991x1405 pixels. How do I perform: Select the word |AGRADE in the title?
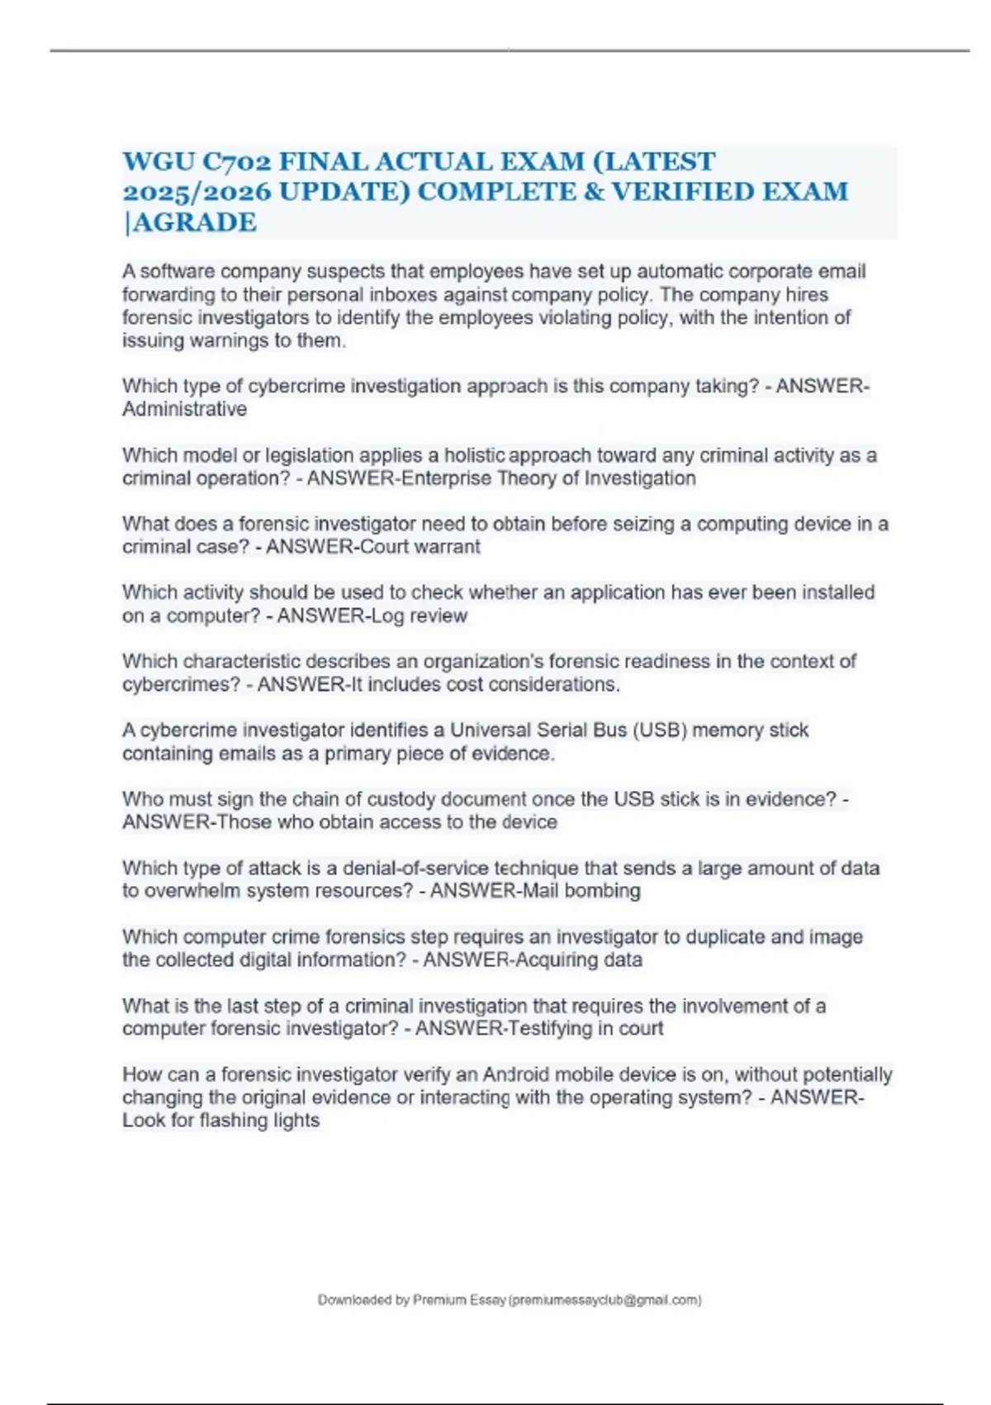(x=190, y=222)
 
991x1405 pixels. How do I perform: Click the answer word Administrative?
(x=184, y=409)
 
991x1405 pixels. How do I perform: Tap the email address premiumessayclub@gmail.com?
(x=606, y=1300)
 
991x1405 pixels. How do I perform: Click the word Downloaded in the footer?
(x=355, y=1300)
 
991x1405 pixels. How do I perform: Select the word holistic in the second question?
(x=474, y=455)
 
